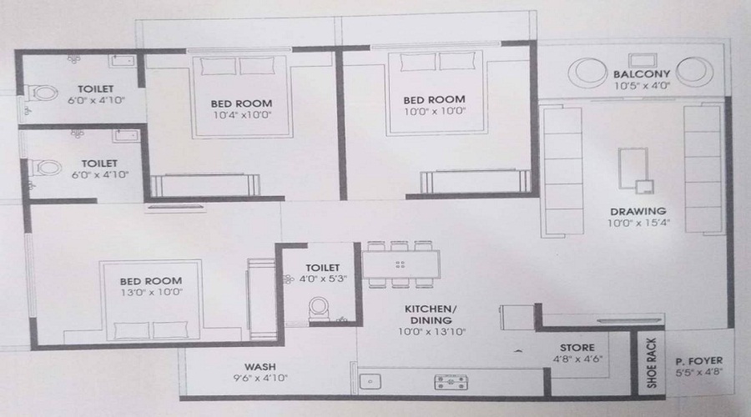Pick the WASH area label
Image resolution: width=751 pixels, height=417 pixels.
(x=260, y=366)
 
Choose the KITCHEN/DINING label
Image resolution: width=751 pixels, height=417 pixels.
(x=429, y=314)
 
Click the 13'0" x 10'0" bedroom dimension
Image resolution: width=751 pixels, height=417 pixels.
(x=152, y=293)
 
